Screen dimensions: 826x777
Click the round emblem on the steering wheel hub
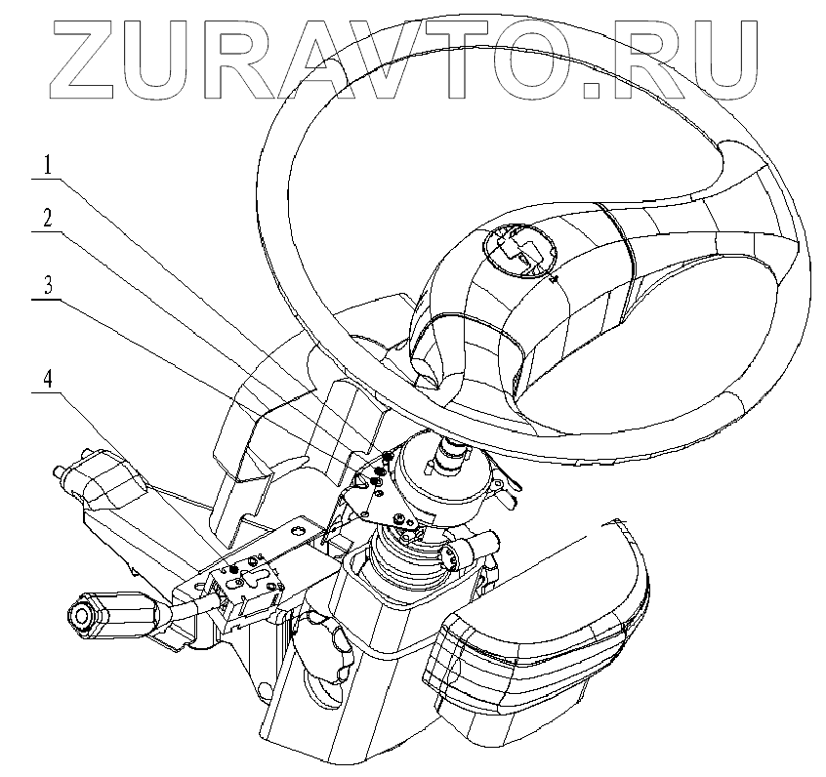coord(518,248)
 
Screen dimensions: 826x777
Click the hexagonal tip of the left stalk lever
coord(80,616)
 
